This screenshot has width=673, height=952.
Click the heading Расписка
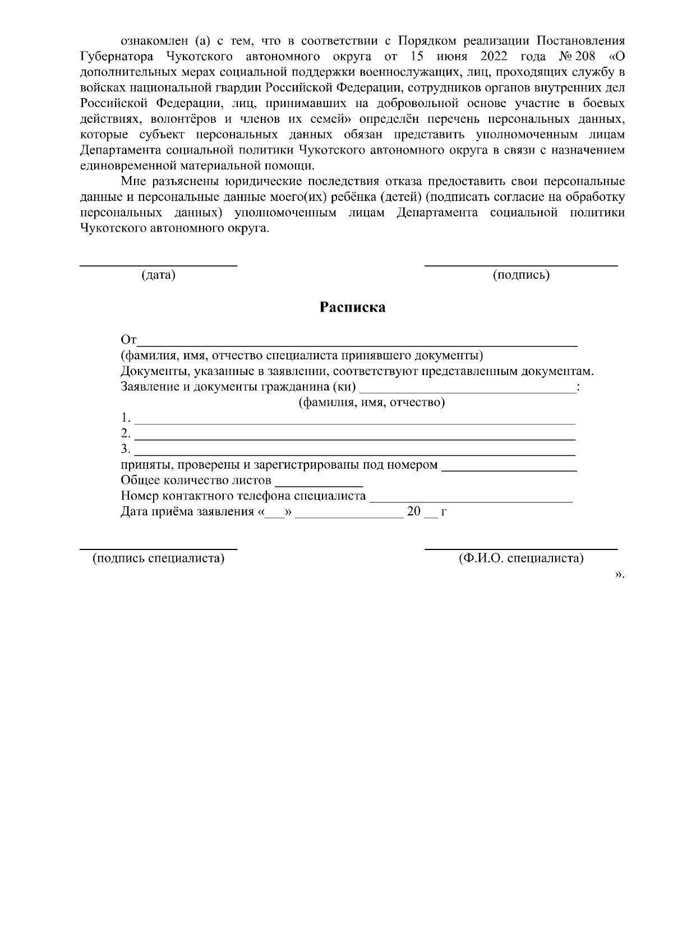click(x=352, y=307)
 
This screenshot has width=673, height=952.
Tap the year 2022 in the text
click(x=481, y=57)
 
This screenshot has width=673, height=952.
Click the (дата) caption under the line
click(x=158, y=275)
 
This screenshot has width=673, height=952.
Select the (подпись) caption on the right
click(x=520, y=275)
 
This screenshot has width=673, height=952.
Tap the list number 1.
click(x=126, y=418)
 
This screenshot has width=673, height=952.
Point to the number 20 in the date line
click(x=413, y=512)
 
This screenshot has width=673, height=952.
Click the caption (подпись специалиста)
click(x=158, y=558)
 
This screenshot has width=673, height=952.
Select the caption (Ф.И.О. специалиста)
click(x=520, y=558)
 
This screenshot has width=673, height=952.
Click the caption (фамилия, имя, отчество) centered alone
click(x=371, y=403)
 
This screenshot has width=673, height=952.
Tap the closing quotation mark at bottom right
click(x=619, y=574)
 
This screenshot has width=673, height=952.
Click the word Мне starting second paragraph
click(x=132, y=182)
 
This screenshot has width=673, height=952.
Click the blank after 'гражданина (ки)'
click(x=468, y=389)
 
